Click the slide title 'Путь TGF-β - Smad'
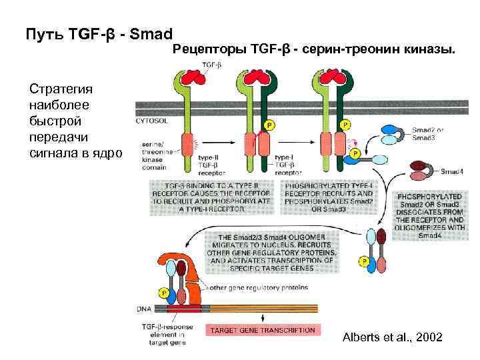(98, 33)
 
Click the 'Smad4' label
(453, 171)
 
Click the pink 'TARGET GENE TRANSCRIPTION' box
(262, 330)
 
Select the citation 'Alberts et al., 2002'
(391, 337)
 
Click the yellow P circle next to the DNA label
(163, 293)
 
